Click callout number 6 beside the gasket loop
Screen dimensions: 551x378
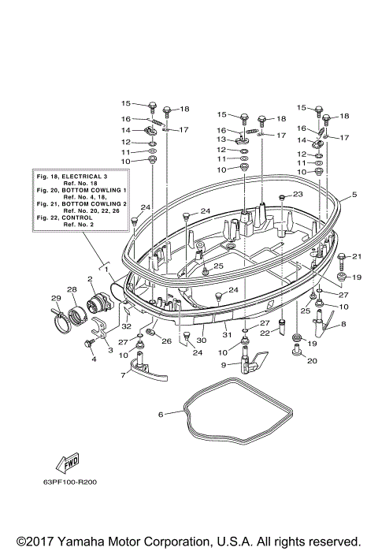[161, 414]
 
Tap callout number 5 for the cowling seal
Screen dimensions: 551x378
[354, 195]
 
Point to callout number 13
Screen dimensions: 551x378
[221, 140]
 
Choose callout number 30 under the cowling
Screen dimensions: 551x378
[201, 340]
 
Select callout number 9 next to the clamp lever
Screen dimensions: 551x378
[224, 366]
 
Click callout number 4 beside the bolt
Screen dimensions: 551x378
[94, 359]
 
